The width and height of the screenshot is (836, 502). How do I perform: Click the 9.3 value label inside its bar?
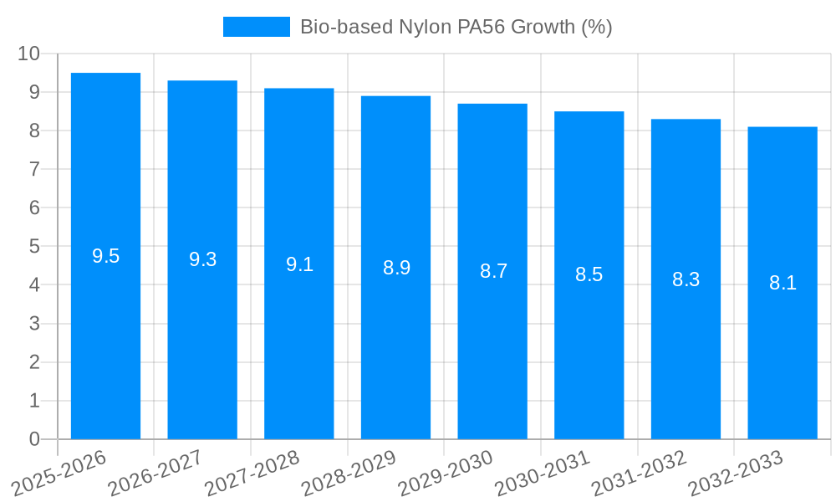tap(202, 259)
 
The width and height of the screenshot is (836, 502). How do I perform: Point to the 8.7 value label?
tap(493, 271)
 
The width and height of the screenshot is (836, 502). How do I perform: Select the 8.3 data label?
tap(686, 279)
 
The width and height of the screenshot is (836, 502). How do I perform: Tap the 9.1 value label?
tap(299, 264)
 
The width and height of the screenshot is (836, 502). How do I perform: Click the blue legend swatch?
tap(256, 27)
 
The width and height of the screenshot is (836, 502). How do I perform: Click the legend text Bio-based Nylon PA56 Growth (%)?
tap(456, 27)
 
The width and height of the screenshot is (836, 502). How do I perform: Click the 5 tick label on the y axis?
tap(34, 247)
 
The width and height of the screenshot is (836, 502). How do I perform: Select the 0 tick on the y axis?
tap(34, 439)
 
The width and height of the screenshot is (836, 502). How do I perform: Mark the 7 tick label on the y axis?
tap(34, 169)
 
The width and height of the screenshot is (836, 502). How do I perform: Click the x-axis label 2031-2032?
tap(641, 473)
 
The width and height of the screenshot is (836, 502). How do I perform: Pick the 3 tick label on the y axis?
tap(34, 324)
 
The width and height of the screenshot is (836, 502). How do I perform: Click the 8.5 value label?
tap(589, 274)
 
